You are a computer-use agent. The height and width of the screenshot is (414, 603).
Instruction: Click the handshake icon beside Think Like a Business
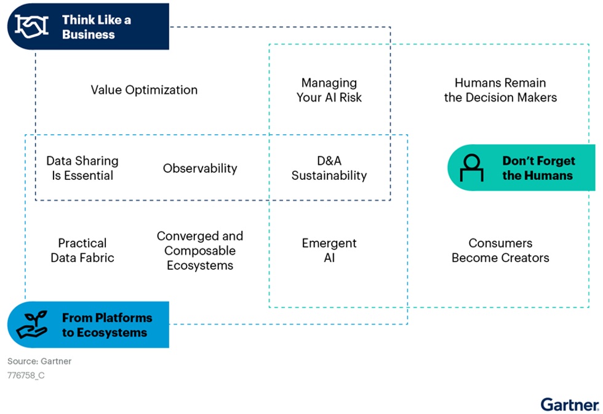click(x=31, y=26)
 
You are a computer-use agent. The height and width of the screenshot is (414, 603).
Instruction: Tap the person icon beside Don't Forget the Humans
click(x=471, y=168)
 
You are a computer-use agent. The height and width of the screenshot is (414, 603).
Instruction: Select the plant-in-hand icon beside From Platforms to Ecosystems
click(x=32, y=325)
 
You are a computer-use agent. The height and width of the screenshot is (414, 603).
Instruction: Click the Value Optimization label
click(x=144, y=90)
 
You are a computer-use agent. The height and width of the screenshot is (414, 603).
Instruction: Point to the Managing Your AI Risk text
click(x=329, y=90)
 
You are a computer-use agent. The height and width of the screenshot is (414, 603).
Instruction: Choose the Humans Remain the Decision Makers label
click(x=500, y=90)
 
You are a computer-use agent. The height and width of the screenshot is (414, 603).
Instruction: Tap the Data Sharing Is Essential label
click(x=82, y=168)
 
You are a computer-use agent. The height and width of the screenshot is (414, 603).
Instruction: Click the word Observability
click(x=200, y=168)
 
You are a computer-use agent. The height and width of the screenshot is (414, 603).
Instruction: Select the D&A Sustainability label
click(x=329, y=168)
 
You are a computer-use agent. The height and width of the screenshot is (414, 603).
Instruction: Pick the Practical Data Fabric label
click(x=82, y=250)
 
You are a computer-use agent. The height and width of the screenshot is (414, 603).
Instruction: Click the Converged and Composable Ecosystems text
click(x=200, y=250)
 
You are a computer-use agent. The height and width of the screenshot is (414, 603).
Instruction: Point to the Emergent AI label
click(x=329, y=250)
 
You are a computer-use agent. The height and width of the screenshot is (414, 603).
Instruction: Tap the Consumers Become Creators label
click(x=500, y=250)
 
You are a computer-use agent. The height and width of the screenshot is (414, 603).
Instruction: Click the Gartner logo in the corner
click(x=570, y=404)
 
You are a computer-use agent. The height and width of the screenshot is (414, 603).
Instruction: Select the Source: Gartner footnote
click(x=39, y=361)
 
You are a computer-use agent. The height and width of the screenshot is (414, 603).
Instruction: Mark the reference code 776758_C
click(x=26, y=375)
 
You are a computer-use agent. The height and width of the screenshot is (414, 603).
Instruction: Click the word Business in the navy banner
click(x=89, y=34)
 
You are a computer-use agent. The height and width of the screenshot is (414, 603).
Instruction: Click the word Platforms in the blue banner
click(x=124, y=318)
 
